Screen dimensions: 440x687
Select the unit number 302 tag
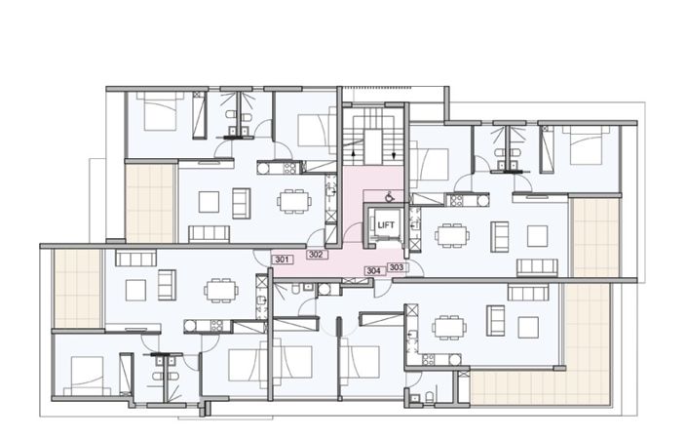[x=315, y=255]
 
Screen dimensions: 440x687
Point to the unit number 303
[x=396, y=266]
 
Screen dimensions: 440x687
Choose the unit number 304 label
[x=373, y=271]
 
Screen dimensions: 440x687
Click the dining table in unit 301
[x=221, y=290]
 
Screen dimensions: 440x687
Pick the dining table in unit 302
[x=292, y=201]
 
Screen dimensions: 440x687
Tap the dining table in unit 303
[x=451, y=235]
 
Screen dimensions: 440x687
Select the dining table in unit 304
[x=449, y=325]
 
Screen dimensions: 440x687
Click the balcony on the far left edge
[x=77, y=288]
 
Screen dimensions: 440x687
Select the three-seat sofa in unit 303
[x=537, y=266]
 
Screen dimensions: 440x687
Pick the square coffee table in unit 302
[x=209, y=201]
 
